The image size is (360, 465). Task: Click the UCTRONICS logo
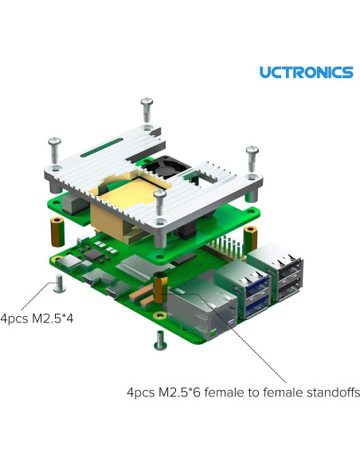point(306,72)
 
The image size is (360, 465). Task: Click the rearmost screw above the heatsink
point(146,110)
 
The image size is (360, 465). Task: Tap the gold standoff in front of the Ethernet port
point(162,288)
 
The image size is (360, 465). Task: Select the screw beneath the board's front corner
point(156,340)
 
